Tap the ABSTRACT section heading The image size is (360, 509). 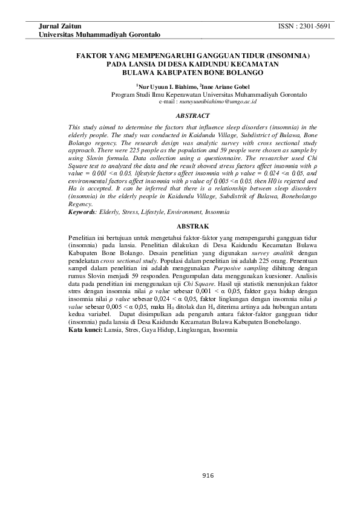point(192,115)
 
